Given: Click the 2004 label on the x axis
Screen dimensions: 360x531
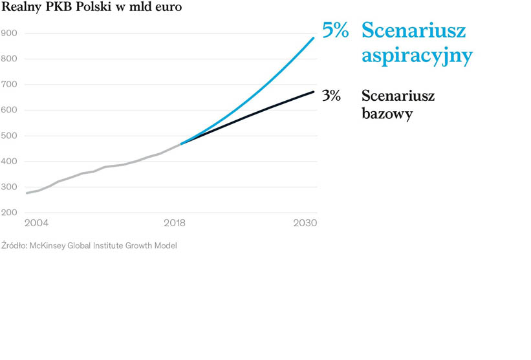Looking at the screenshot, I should [x=36, y=223].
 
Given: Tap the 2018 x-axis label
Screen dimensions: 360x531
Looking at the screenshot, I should [x=175, y=223].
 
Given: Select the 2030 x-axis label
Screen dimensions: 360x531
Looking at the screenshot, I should [x=305, y=223].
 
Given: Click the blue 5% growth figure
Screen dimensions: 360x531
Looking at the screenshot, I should [x=336, y=30].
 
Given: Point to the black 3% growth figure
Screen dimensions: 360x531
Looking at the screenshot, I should [x=331, y=96].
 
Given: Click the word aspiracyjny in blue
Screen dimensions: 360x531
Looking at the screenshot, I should [x=417, y=56].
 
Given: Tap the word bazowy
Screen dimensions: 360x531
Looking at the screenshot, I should [x=387, y=114].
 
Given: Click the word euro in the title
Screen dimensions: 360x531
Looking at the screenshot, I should [x=168, y=8].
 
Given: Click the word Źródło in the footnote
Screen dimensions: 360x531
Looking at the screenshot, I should [x=14, y=246].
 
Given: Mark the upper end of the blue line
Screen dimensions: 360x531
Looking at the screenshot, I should [x=314, y=37].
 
